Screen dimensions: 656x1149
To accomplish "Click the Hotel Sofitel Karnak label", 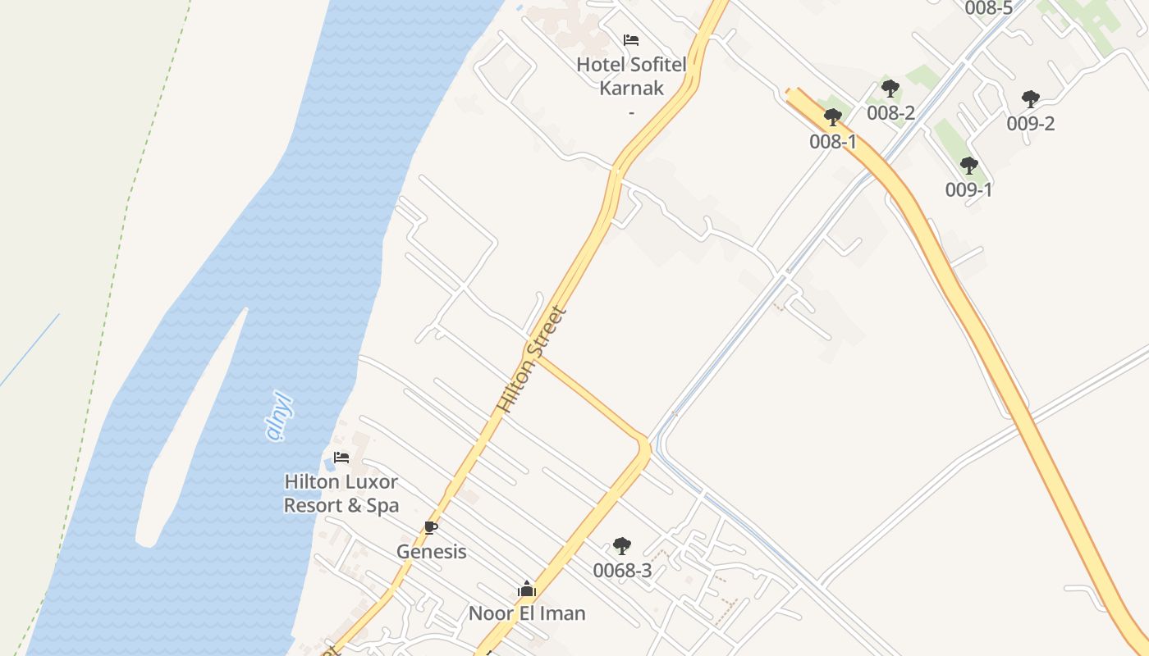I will tap(631, 75).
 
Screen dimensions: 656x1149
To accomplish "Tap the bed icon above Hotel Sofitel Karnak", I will tap(631, 39).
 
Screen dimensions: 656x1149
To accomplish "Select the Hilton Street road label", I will tap(532, 359).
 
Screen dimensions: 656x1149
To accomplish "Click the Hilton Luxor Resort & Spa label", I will tap(341, 493).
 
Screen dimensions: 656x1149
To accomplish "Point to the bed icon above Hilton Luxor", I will tap(341, 458).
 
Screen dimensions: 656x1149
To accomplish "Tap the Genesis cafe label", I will tap(432, 552).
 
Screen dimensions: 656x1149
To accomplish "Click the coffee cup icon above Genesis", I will tap(430, 527).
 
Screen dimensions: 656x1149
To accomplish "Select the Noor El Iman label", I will tap(527, 613).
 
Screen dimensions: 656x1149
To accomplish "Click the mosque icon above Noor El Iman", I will tap(527, 589).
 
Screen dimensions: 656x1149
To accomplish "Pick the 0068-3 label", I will tap(622, 571).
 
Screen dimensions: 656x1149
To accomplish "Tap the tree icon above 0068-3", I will tap(622, 545).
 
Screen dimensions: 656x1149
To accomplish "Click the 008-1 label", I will tap(833, 142).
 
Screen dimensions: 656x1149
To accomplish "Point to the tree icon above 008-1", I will tap(833, 117).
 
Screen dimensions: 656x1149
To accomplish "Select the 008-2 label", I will tap(890, 113).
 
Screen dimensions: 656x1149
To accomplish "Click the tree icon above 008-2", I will tap(890, 89).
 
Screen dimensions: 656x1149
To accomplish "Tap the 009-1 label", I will tap(969, 190).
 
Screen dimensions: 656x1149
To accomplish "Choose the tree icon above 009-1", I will tap(969, 166).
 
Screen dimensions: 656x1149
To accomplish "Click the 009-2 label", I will tap(1031, 124).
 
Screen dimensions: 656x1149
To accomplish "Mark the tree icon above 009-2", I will tap(1031, 99).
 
